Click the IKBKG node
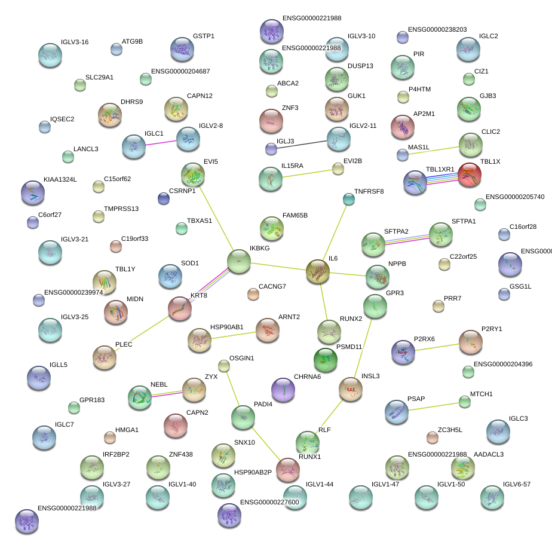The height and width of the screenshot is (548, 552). pos(239,261)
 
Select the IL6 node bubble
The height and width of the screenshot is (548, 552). pos(318,271)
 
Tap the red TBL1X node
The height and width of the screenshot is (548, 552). pos(470,174)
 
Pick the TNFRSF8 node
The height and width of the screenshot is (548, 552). pos(349,198)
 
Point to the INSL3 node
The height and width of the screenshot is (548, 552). pos(351,389)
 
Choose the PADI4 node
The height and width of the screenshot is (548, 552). pos(243,417)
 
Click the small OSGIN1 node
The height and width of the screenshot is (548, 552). pos(224,365)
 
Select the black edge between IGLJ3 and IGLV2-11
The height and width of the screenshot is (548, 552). pos(302,143)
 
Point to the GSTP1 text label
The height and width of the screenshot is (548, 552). pos(204,36)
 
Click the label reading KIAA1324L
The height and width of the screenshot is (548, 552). pos(60,179)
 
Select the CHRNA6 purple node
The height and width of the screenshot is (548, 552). pos(283,390)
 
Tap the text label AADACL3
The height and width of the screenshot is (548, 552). pos(489,455)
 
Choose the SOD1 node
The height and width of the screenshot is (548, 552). pos(170,276)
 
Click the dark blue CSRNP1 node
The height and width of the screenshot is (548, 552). pos(163,198)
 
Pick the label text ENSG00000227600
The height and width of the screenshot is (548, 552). pos(269,503)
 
